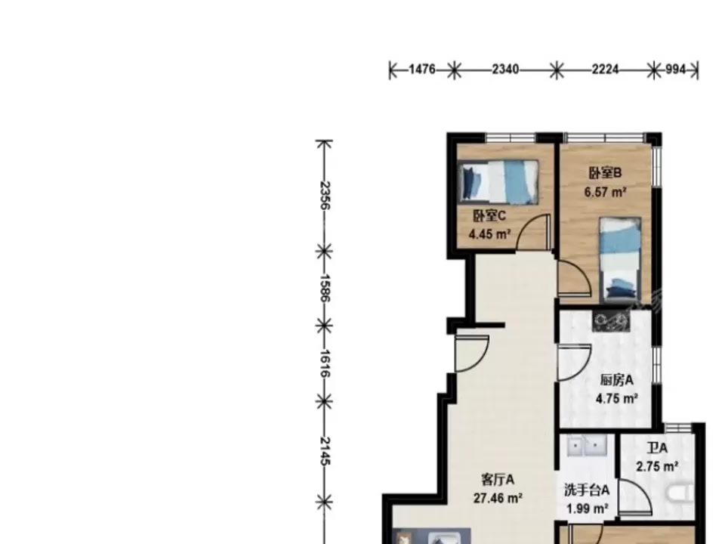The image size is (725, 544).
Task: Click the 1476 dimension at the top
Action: point(422,70)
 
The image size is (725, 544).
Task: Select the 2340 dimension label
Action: point(505,70)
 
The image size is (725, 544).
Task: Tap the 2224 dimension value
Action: point(605,70)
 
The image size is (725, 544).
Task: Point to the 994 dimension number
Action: point(675,70)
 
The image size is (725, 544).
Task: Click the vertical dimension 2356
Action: point(325,195)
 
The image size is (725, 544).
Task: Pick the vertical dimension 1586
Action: point(325,288)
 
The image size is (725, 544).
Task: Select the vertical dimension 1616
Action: point(325,363)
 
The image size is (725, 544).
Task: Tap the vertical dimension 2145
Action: point(325,451)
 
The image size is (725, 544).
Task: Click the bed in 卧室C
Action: point(498,182)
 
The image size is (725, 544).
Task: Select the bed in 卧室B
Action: point(620,259)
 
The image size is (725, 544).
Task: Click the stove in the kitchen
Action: point(611,320)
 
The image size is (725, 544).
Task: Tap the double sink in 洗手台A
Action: point(587,445)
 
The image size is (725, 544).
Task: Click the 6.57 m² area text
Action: point(605,191)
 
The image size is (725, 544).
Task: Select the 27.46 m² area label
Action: point(498,498)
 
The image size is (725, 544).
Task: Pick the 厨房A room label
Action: point(617,380)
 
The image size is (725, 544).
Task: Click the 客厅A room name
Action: point(498,480)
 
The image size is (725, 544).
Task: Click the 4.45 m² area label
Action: point(489,234)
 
